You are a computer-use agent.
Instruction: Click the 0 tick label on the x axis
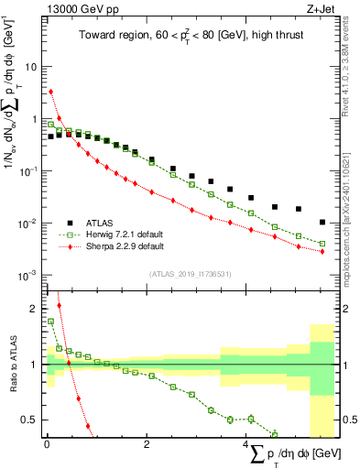pos(46,444)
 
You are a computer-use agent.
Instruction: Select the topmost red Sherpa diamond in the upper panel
pos(51,92)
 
